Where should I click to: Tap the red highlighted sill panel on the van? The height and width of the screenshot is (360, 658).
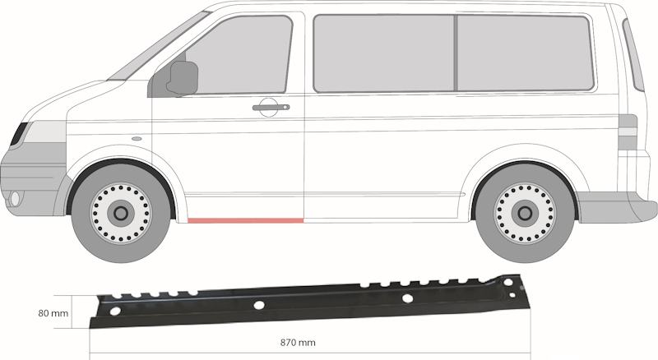pyautogui.click(x=245, y=220)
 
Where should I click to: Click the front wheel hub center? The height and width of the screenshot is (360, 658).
pyautogui.click(x=122, y=214)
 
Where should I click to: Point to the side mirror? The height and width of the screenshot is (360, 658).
pyautogui.click(x=183, y=77)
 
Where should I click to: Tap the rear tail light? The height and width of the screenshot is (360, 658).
pyautogui.click(x=628, y=132)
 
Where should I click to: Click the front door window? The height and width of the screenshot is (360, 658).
pyautogui.click(x=234, y=58)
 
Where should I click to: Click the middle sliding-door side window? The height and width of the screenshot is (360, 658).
pyautogui.click(x=384, y=53)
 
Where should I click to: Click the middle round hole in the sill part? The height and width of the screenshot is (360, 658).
pyautogui.click(x=259, y=305)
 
